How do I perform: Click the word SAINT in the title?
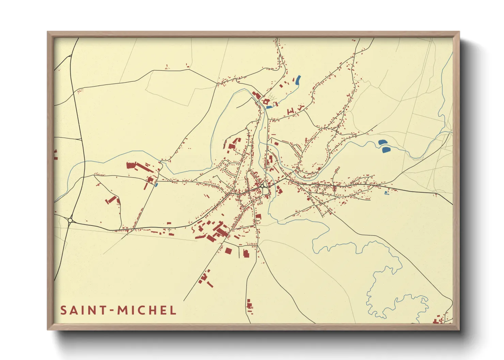pos(83,310)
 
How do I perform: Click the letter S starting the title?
pos(63,310)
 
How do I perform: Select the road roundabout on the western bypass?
pos(70,220)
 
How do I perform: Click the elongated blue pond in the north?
pos(298,80)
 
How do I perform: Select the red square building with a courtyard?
pos(266,101)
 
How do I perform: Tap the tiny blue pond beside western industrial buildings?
pos(156,185)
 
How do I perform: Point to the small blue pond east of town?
pos(385,193)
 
